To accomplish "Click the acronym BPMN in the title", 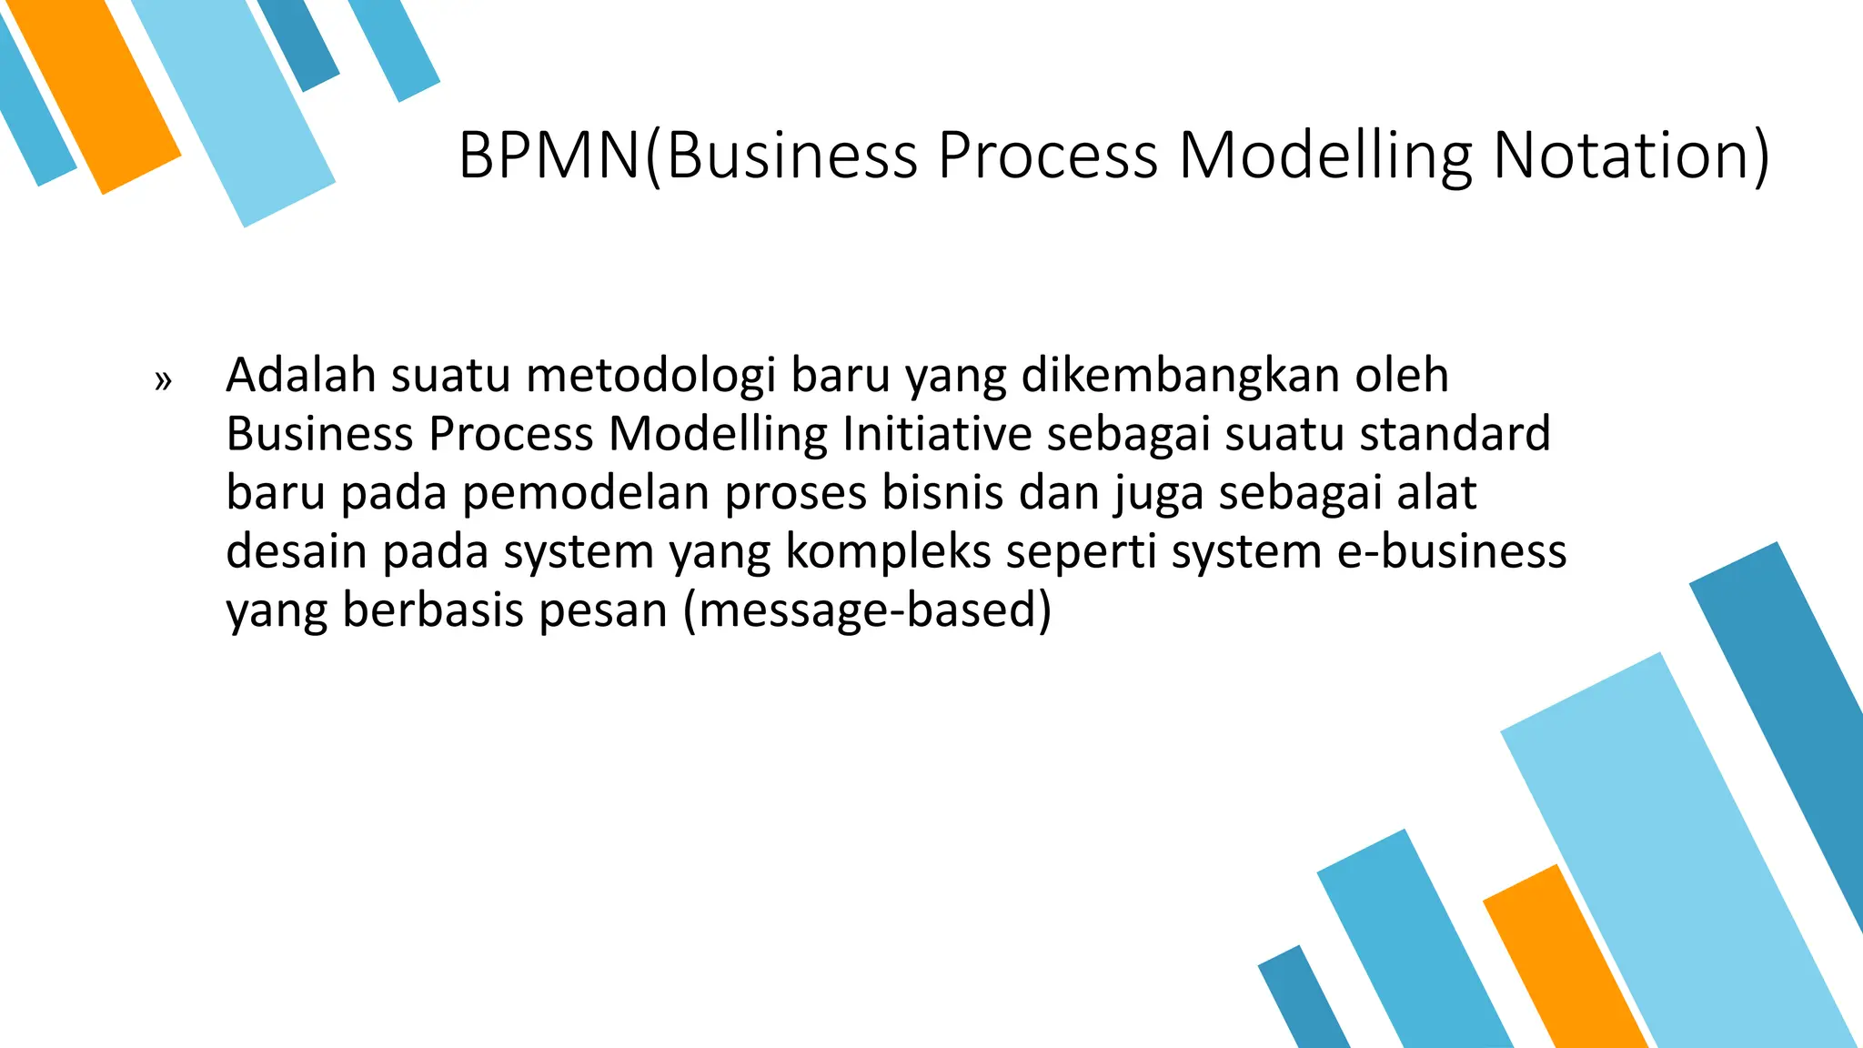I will (x=550, y=155).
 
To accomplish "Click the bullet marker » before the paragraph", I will (x=163, y=379).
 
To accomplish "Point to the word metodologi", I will (x=650, y=376).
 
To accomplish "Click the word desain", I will (x=296, y=551).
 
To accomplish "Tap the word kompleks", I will (x=888, y=551).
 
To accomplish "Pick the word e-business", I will (x=1452, y=551).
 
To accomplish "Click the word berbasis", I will (x=432, y=610).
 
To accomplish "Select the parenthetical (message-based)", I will (x=867, y=610).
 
